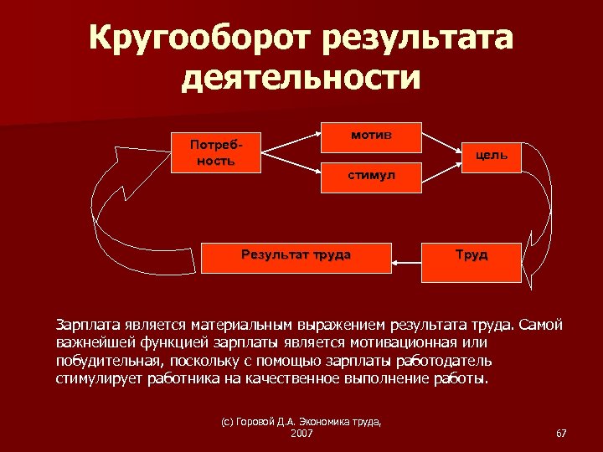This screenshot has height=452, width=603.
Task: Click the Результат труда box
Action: click(296, 257)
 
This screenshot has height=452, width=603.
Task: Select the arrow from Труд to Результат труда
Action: click(413, 263)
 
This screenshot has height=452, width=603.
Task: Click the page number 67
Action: click(561, 433)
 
